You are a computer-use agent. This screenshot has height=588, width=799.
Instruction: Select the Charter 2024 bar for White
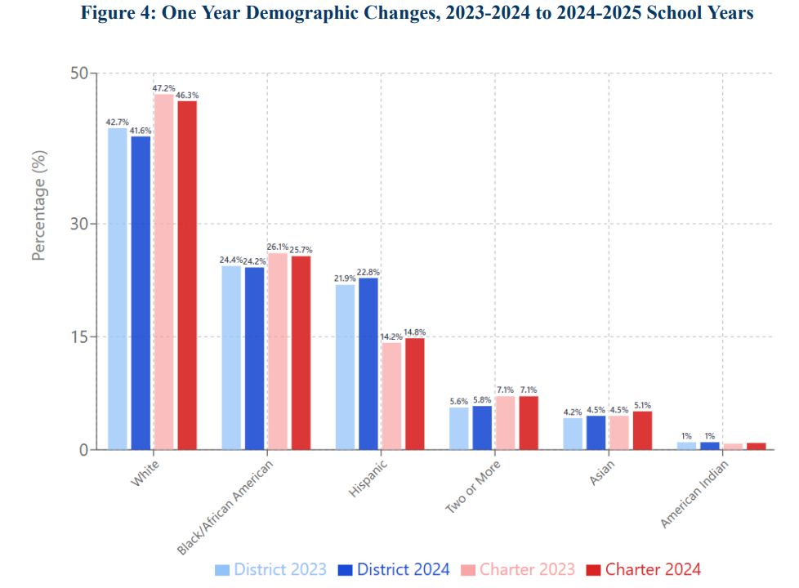[x=187, y=275]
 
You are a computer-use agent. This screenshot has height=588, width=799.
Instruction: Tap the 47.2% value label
[x=164, y=87]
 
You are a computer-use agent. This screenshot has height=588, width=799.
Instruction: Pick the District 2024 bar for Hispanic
[x=368, y=363]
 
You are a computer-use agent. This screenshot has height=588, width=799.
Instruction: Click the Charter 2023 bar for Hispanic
[x=391, y=396]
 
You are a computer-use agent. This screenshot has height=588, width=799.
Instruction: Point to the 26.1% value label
[x=278, y=247]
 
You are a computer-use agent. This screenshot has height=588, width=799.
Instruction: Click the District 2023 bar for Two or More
[x=459, y=428]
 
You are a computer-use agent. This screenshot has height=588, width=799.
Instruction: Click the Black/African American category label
[x=225, y=506]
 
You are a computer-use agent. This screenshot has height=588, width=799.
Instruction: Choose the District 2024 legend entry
[x=393, y=570]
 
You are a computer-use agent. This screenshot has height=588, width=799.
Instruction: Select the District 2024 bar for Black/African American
[x=254, y=358]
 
